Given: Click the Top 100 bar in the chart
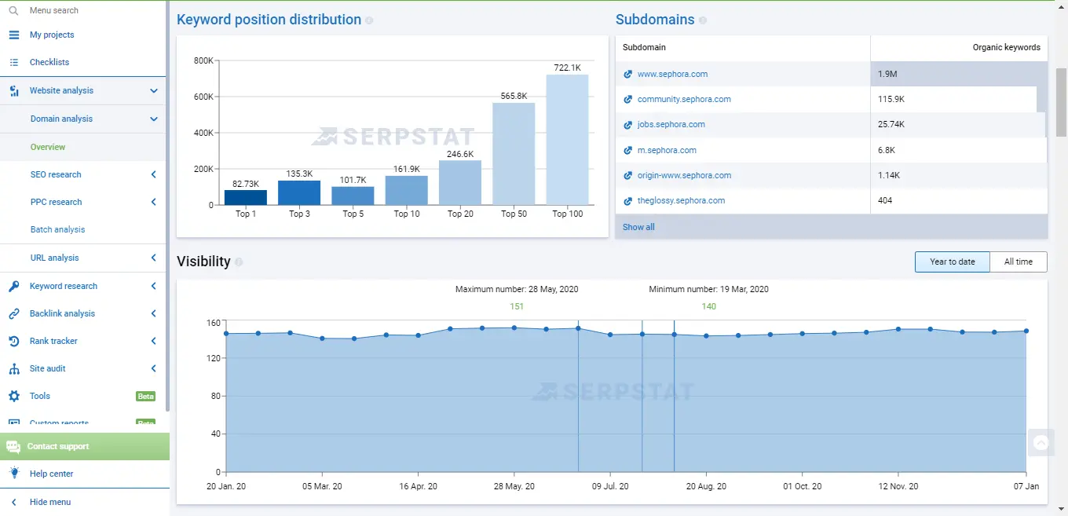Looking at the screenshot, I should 567,140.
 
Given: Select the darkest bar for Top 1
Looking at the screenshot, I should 246,197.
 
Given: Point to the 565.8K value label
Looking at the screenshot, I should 514,96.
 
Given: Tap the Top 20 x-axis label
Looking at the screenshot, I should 460,214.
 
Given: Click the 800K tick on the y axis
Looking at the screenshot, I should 203,60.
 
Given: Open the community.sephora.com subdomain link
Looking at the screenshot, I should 683,100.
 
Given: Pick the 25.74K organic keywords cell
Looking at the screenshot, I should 891,125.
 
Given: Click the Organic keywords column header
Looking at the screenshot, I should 1006,48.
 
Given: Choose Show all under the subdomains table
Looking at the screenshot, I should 638,227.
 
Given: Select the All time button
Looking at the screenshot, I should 1018,262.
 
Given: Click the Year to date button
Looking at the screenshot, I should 952,262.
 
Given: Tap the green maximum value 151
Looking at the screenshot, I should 517,306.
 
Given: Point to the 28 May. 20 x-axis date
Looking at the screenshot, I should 514,486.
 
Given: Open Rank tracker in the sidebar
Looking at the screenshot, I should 53,341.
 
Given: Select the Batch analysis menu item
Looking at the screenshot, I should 57,229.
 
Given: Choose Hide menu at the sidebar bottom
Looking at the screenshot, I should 50,502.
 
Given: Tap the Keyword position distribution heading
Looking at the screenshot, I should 269,20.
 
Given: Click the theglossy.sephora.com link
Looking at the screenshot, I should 680,201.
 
